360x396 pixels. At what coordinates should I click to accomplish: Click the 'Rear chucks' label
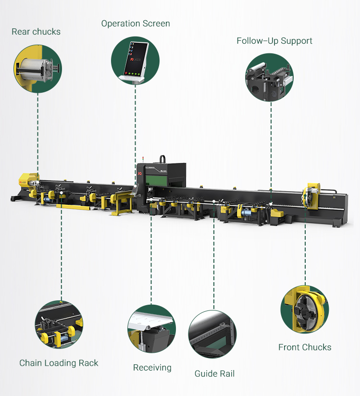[36, 32]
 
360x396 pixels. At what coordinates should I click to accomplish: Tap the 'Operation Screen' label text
[136, 24]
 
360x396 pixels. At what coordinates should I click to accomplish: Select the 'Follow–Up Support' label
[274, 41]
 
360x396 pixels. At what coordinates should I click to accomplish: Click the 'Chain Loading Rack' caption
[59, 363]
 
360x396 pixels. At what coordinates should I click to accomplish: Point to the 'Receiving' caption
[152, 368]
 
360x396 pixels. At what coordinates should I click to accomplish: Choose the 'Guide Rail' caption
[214, 373]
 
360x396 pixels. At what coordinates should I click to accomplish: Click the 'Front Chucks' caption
[305, 347]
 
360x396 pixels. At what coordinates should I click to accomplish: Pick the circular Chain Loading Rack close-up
[59, 325]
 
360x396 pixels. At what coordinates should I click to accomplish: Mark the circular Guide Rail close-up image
[212, 334]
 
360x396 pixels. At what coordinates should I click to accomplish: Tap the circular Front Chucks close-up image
[305, 309]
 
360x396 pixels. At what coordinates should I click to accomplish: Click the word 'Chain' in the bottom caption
[30, 363]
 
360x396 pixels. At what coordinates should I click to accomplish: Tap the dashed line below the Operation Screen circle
[136, 125]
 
